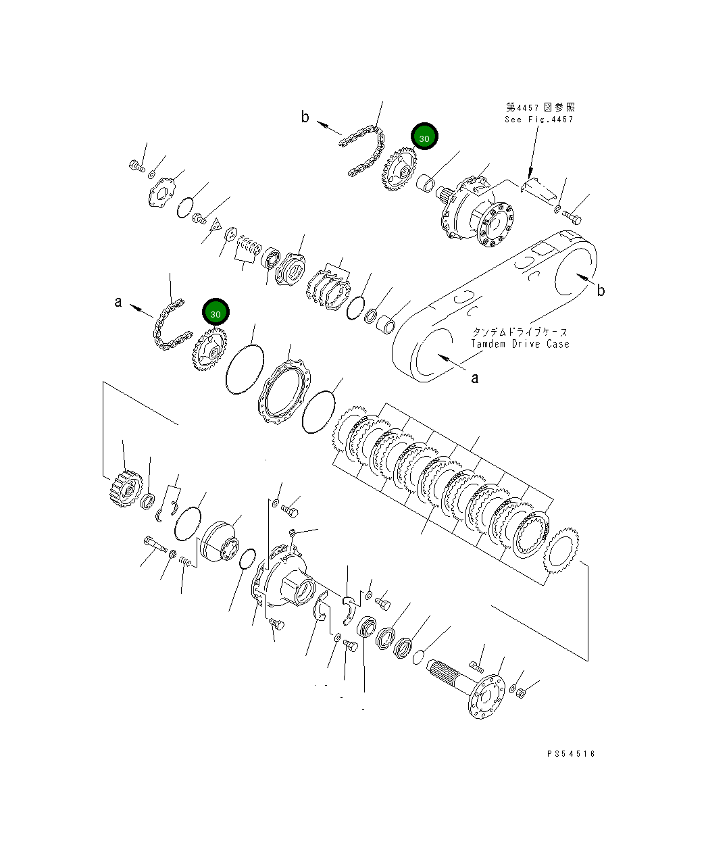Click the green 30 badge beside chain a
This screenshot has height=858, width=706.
click(x=216, y=313)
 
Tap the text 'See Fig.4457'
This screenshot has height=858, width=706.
click(x=538, y=120)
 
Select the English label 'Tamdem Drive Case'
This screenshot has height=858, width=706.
click(x=520, y=344)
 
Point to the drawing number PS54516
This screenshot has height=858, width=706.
click(x=572, y=754)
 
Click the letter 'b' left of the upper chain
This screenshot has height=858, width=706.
click(x=305, y=118)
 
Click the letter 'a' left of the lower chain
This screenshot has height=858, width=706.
click(x=118, y=302)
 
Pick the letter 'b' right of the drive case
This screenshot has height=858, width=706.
click(x=600, y=291)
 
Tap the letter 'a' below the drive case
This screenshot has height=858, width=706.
click(x=474, y=378)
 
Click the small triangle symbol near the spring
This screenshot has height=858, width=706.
click(x=216, y=224)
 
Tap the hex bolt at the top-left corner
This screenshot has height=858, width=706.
click(x=136, y=165)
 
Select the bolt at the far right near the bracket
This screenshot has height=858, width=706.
click(x=572, y=217)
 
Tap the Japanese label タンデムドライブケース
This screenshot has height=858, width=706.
click(x=520, y=332)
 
